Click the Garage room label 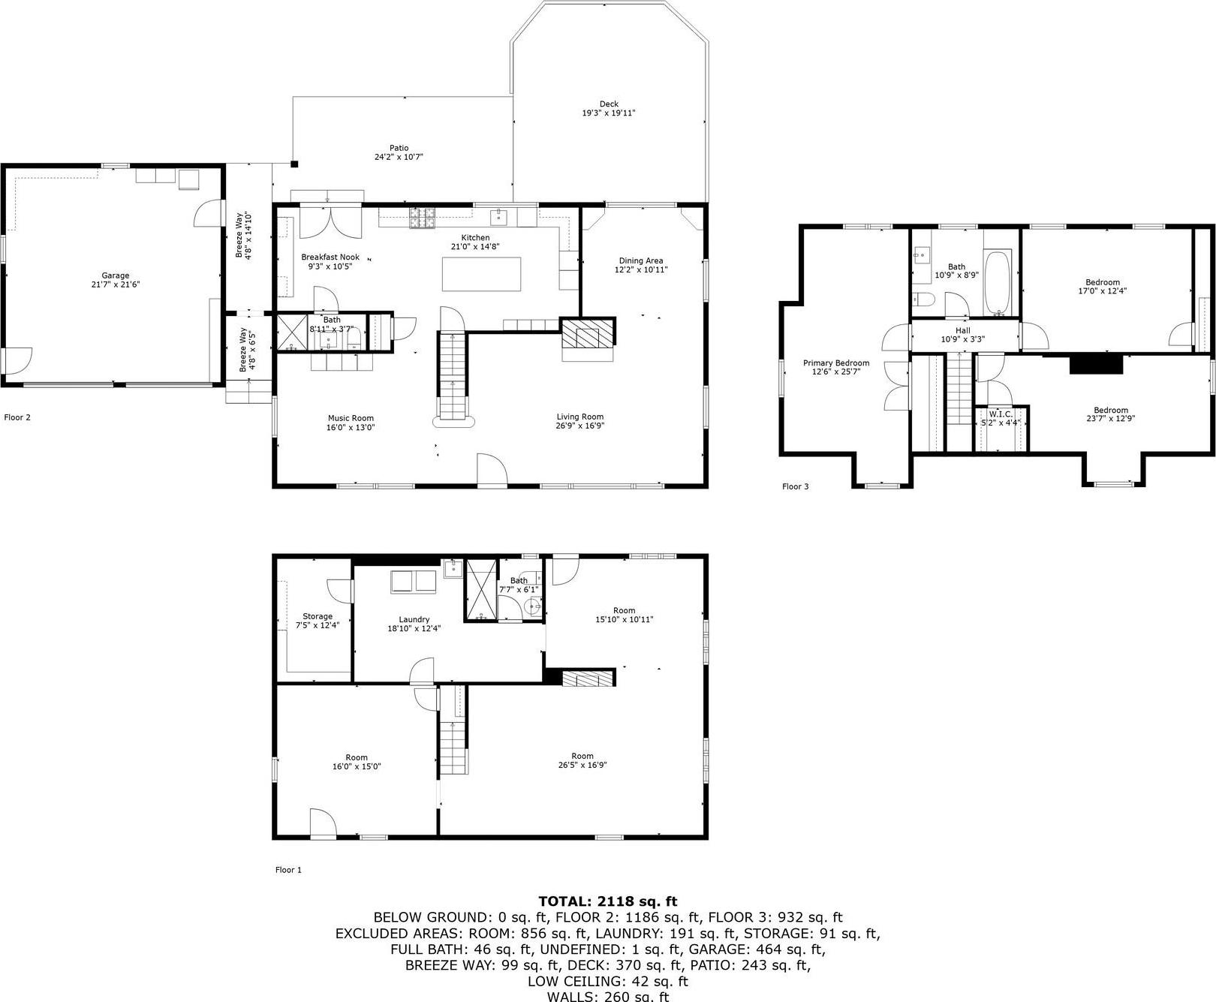116,275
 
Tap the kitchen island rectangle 481,274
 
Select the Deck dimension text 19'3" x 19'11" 609,113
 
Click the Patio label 399,148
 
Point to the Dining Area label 640,260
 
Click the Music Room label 351,418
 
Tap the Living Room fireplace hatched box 587,335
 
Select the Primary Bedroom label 835,363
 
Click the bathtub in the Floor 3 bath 998,284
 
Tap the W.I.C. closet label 1001,414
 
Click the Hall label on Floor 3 962,330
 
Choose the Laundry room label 414,619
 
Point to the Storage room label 318,616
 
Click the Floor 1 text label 288,870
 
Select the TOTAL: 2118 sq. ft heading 607,901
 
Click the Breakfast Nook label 330,257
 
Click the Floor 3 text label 795,486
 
